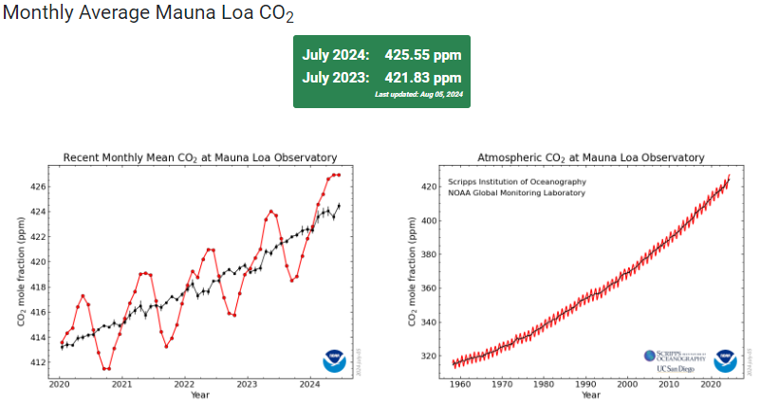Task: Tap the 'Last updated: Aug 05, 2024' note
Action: click(x=417, y=95)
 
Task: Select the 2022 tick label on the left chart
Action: click(x=184, y=384)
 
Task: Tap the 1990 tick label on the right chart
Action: click(x=584, y=384)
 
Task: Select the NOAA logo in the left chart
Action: click(x=334, y=360)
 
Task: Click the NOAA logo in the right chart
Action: click(x=726, y=359)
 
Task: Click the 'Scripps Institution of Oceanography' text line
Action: click(x=516, y=181)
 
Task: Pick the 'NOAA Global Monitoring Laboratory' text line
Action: click(x=516, y=193)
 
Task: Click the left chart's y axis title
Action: click(x=21, y=271)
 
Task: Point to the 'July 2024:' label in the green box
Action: click(x=336, y=55)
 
